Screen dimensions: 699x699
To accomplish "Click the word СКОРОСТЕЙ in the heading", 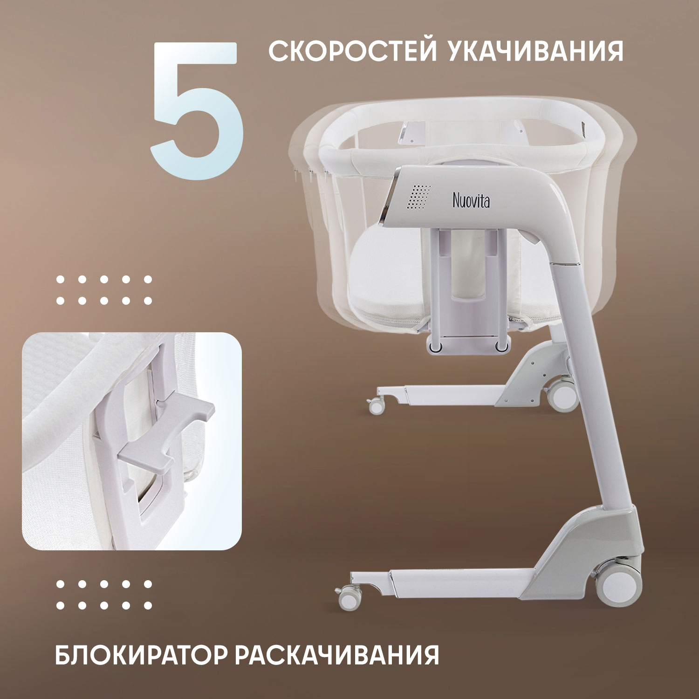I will (x=352, y=51).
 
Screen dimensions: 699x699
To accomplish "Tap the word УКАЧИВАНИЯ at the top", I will (x=536, y=51).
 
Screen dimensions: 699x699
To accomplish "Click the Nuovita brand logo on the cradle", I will (x=471, y=200).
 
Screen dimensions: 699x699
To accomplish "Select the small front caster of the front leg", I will (x=349, y=597).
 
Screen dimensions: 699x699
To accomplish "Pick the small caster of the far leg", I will (x=376, y=406).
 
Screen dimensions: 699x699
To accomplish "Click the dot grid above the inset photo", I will (x=104, y=290).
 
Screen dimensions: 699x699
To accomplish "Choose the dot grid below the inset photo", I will (x=104, y=595).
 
